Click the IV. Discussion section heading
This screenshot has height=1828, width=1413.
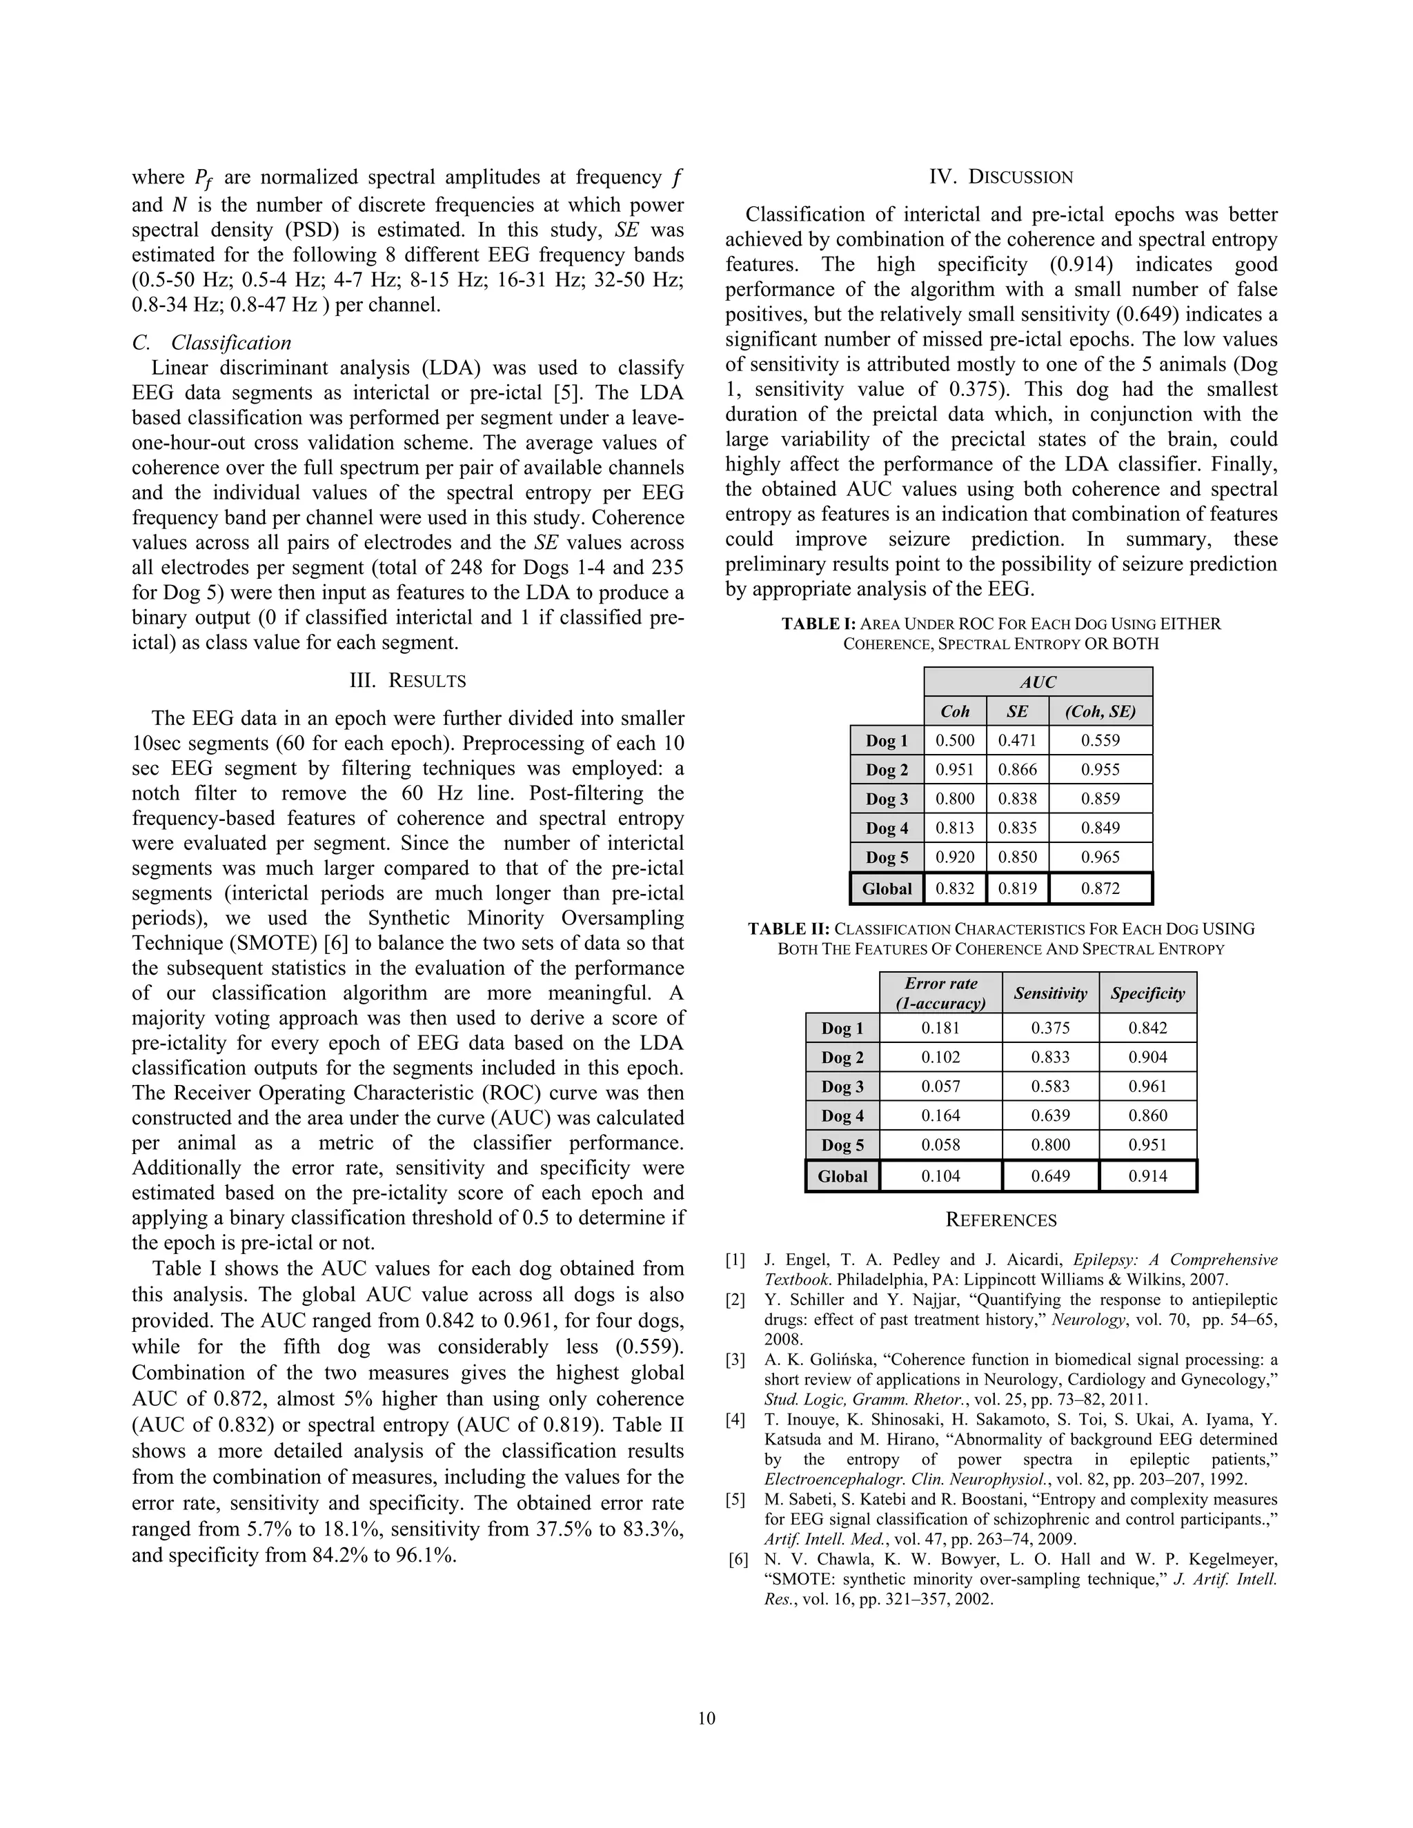pyautogui.click(x=1000, y=177)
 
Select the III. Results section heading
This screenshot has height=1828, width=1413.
pyautogui.click(x=407, y=680)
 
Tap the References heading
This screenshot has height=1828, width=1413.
pyautogui.click(x=1000, y=1220)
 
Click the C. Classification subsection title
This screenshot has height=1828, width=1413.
pyautogui.click(x=212, y=342)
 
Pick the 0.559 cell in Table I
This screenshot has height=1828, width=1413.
pyautogui.click(x=1100, y=741)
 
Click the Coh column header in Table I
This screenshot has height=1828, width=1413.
pyautogui.click(x=954, y=711)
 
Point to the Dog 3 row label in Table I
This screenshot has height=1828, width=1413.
pyautogui.click(x=887, y=799)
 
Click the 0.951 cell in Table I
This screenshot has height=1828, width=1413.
pyautogui.click(x=954, y=770)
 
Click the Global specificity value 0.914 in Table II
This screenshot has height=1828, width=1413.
pyautogui.click(x=1147, y=1176)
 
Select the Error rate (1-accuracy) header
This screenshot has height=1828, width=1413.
pyautogui.click(x=940, y=993)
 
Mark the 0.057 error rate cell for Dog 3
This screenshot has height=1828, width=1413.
pyautogui.click(x=940, y=1086)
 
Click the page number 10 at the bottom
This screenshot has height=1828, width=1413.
pyautogui.click(x=706, y=1718)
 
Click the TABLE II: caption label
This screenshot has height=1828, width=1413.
pyautogui.click(x=788, y=929)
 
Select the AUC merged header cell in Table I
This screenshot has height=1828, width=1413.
pyautogui.click(x=1038, y=682)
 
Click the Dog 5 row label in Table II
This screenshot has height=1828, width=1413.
pyautogui.click(x=842, y=1145)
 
